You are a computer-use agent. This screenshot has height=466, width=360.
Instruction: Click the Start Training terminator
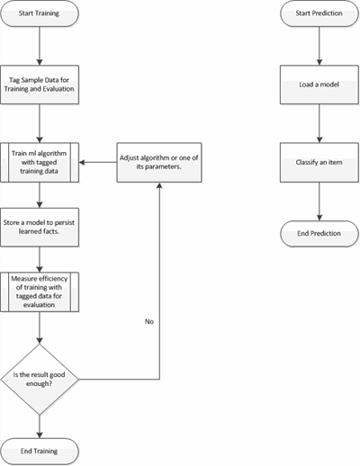tap(40, 13)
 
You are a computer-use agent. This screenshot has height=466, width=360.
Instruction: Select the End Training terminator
tap(40, 452)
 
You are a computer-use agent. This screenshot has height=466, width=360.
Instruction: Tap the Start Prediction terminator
tap(319, 13)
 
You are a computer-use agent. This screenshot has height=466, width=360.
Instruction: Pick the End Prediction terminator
tap(319, 234)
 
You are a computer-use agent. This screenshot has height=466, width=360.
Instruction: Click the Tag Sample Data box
tap(40, 85)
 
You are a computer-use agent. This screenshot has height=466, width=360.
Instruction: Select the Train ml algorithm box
tap(40, 162)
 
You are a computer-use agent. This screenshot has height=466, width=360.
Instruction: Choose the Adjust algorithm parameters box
tap(159, 162)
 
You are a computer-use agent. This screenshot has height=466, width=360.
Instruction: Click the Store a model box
tap(40, 227)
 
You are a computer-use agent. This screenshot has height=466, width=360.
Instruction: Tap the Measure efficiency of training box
tap(40, 291)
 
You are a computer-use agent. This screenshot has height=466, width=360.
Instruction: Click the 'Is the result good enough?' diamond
tap(40, 380)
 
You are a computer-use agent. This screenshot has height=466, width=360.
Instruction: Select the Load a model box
tap(319, 85)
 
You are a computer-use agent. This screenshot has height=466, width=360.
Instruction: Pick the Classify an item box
tap(319, 162)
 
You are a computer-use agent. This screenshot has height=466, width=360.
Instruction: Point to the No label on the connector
tap(149, 321)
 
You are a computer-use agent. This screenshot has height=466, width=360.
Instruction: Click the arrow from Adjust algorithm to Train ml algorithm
tap(98, 162)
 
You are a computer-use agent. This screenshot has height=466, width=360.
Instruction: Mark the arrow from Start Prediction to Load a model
tap(319, 46)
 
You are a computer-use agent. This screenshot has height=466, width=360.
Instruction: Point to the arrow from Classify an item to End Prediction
tap(319, 202)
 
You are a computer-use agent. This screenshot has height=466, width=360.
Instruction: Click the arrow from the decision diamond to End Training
tap(40, 426)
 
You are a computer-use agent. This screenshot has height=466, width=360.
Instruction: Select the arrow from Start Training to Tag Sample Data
tap(40, 46)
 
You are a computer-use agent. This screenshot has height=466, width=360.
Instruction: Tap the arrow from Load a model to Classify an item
tap(319, 123)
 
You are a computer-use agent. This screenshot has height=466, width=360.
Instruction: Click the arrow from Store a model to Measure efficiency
tap(40, 259)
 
